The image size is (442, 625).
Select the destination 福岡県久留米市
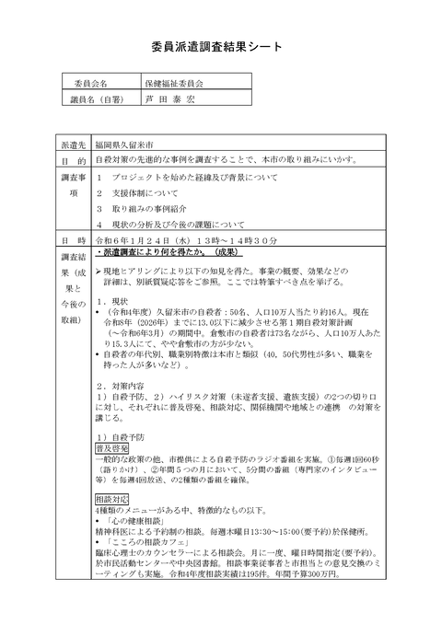tap(126, 145)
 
